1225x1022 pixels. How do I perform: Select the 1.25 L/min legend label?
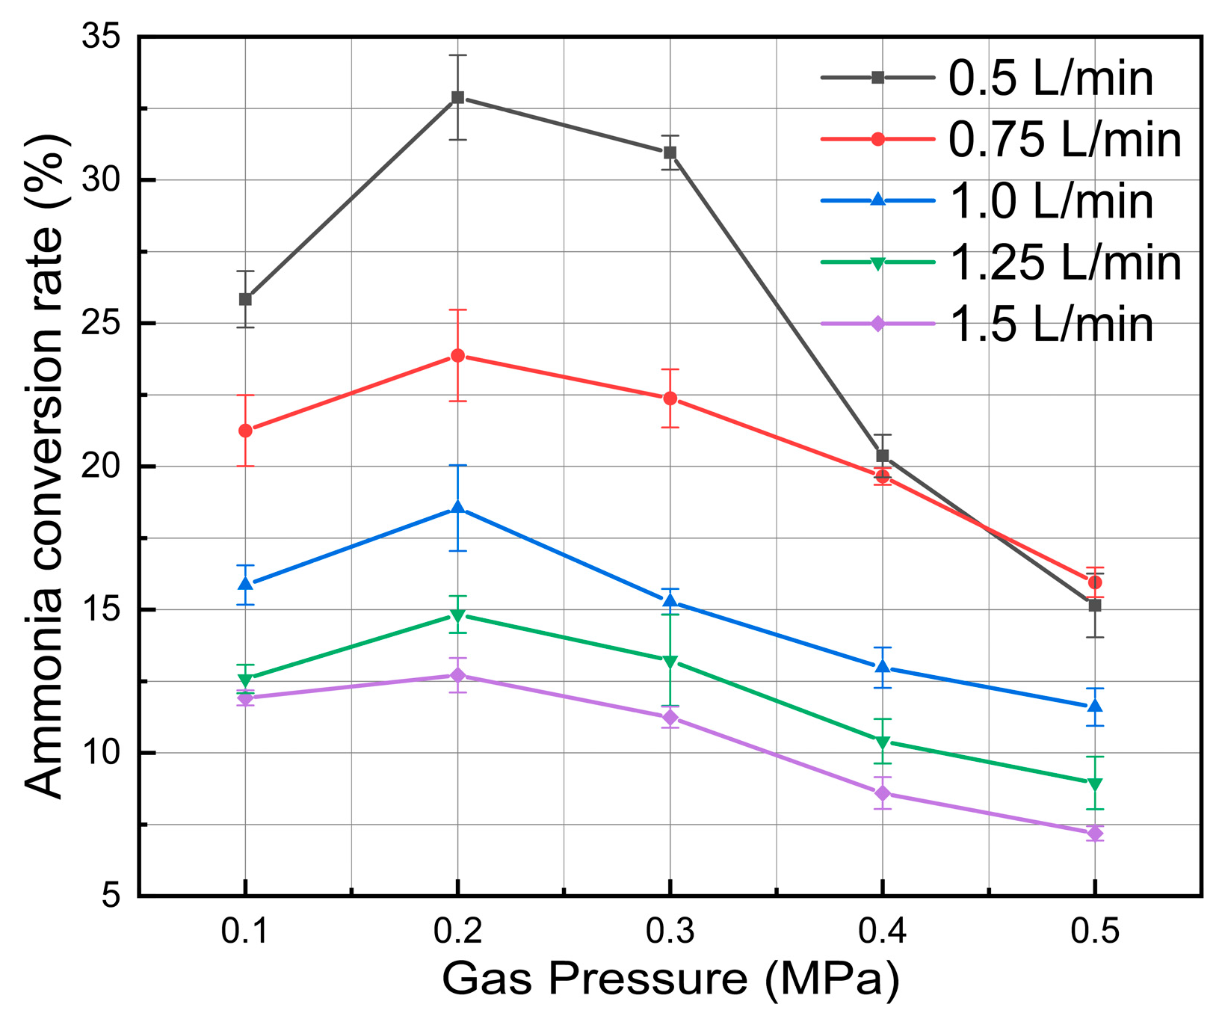1065,263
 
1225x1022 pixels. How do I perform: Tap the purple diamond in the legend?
878,324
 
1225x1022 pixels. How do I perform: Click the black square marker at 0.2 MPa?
458,97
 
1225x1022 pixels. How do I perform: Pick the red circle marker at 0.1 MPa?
245,431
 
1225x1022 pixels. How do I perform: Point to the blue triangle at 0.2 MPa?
458,508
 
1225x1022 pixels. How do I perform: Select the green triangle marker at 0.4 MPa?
883,743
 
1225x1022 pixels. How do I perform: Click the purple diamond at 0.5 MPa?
1095,834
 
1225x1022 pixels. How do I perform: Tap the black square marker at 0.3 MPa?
670,153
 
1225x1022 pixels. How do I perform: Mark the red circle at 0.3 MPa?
670,398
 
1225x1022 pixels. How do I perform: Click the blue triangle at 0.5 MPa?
1095,707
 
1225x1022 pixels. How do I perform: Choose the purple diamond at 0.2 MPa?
458,675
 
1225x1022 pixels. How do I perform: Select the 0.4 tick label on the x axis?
883,932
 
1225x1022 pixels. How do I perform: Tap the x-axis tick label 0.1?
245,932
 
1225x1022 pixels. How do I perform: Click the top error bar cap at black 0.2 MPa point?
458,55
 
